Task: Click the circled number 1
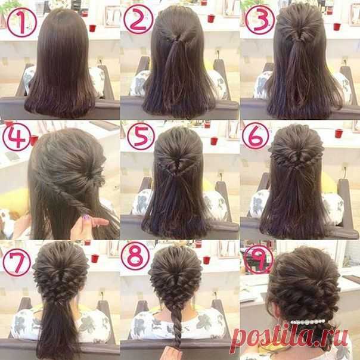pos(21,22)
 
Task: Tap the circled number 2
pos(138,19)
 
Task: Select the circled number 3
pos(260,20)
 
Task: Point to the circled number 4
pos(17,137)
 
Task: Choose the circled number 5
pos(141,136)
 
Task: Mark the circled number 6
pos(256,136)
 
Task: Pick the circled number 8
pos(135,256)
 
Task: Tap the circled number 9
pos(259,259)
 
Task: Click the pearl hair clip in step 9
pos(308,322)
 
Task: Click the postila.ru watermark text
pos(289,337)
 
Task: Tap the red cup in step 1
pos(92,28)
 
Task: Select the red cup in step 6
pos(339,134)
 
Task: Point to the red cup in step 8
pos(207,260)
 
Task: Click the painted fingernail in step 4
pos(86,217)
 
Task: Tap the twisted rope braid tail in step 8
pos(176,327)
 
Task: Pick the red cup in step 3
pos(337,27)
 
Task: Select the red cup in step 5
pos(214,141)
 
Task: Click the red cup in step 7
pos(95,259)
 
